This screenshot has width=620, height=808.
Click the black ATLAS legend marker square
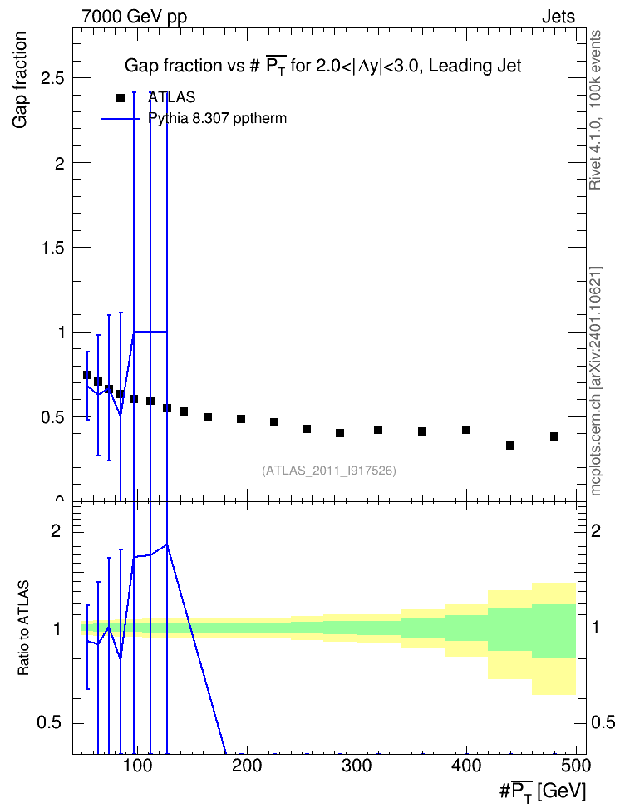coord(121,98)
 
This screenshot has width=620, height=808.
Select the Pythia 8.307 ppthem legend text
coord(217,119)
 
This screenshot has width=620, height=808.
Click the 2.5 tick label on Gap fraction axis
coord(52,78)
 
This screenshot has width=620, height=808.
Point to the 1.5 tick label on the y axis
coord(52,248)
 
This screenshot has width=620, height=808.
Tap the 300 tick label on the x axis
coord(357,766)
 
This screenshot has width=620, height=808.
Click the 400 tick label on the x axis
coord(466,766)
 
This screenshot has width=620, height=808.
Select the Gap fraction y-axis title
coord(20,80)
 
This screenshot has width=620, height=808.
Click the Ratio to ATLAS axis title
coord(23,628)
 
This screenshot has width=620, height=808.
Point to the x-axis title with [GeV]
coord(543,791)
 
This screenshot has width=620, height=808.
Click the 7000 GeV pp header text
coord(134,17)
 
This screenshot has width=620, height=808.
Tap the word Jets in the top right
coord(558,17)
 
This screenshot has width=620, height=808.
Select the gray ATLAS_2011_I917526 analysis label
coord(329,471)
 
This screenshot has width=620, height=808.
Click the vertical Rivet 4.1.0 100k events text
coord(595,110)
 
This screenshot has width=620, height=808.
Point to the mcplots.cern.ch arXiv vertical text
coord(596,381)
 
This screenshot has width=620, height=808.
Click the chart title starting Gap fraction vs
coord(323,66)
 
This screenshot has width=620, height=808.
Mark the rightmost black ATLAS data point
coord(554,436)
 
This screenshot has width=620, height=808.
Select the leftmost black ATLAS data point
coord(87,375)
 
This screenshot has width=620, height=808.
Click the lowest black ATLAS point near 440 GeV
coord(510,446)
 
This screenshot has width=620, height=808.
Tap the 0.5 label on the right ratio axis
coord(603,722)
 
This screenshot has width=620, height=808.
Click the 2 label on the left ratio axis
coord(56,530)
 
